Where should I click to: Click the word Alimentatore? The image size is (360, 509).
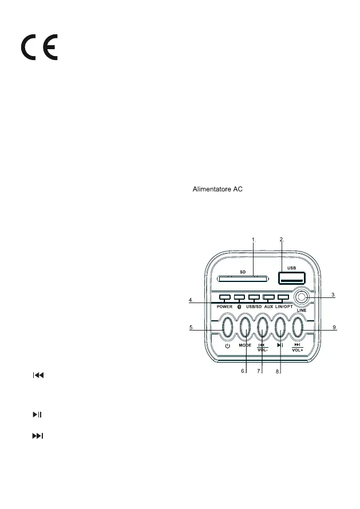pos(208,190)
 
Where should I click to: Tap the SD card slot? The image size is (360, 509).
pos(243,279)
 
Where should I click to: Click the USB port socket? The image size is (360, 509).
pos(291,277)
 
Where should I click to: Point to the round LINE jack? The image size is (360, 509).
pos(303,298)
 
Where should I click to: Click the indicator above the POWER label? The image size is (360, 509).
pos(224,298)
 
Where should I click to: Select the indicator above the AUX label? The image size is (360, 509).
pos(268,298)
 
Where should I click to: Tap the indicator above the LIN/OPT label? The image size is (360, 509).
pos(283,298)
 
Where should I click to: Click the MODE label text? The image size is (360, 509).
pos(246,346)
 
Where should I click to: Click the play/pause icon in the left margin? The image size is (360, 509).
pos(37,413)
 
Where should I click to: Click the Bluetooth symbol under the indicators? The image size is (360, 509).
pos(239,307)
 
